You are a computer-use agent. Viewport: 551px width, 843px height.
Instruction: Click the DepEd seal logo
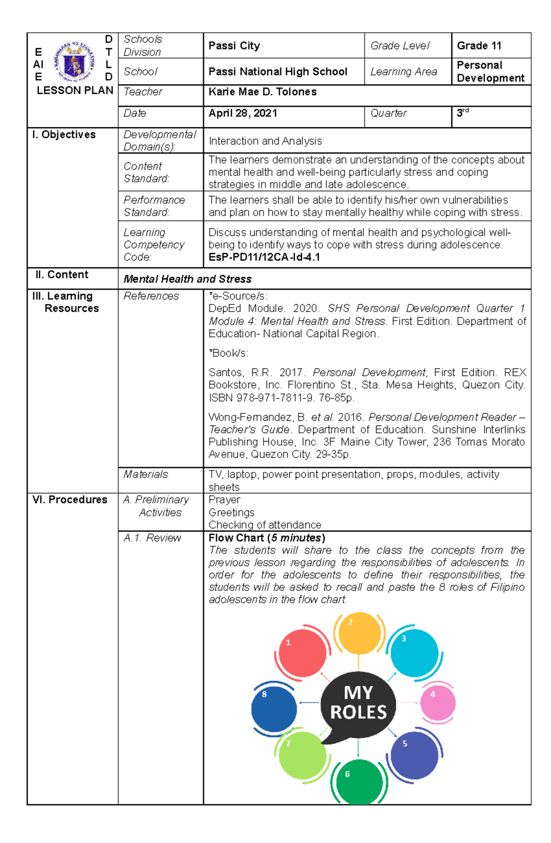click(74, 62)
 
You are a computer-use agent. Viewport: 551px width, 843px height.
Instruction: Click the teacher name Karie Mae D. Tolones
click(262, 92)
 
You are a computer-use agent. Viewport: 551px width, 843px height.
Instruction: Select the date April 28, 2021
click(242, 113)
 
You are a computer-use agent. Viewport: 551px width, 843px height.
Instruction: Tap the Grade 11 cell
click(479, 45)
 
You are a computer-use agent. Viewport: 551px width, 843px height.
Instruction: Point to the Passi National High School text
click(278, 72)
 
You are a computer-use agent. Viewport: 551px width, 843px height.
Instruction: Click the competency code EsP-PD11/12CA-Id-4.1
click(264, 257)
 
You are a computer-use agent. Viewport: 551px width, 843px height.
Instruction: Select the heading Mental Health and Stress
click(187, 279)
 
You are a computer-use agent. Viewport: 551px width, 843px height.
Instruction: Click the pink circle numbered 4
click(438, 703)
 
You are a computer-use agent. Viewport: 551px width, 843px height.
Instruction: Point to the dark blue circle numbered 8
click(274, 708)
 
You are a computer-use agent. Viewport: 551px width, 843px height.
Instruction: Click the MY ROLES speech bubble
click(358, 703)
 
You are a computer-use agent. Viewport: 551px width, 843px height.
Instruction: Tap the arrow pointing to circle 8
click(309, 702)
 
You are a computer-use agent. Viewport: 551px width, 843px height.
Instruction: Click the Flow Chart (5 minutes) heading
click(267, 538)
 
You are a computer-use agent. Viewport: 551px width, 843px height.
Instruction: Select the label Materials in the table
click(146, 475)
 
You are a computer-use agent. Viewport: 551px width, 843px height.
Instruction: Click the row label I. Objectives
click(64, 135)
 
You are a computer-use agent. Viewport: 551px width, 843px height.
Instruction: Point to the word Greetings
click(231, 513)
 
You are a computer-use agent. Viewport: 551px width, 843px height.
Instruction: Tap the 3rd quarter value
click(462, 113)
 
